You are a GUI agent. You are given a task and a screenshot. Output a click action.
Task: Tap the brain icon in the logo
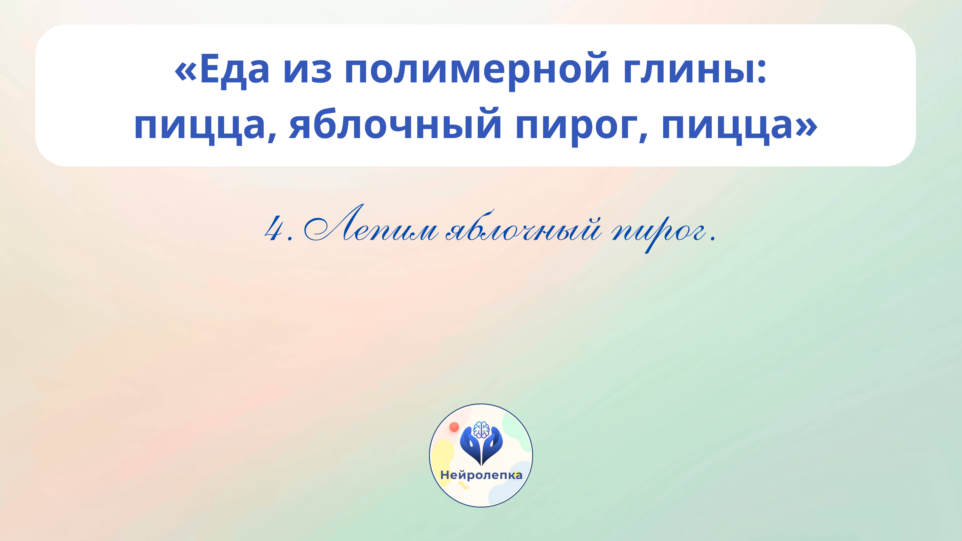coord(481,429)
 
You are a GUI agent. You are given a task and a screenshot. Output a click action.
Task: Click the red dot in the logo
coord(454,427)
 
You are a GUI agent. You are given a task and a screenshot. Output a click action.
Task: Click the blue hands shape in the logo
coord(481,448)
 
